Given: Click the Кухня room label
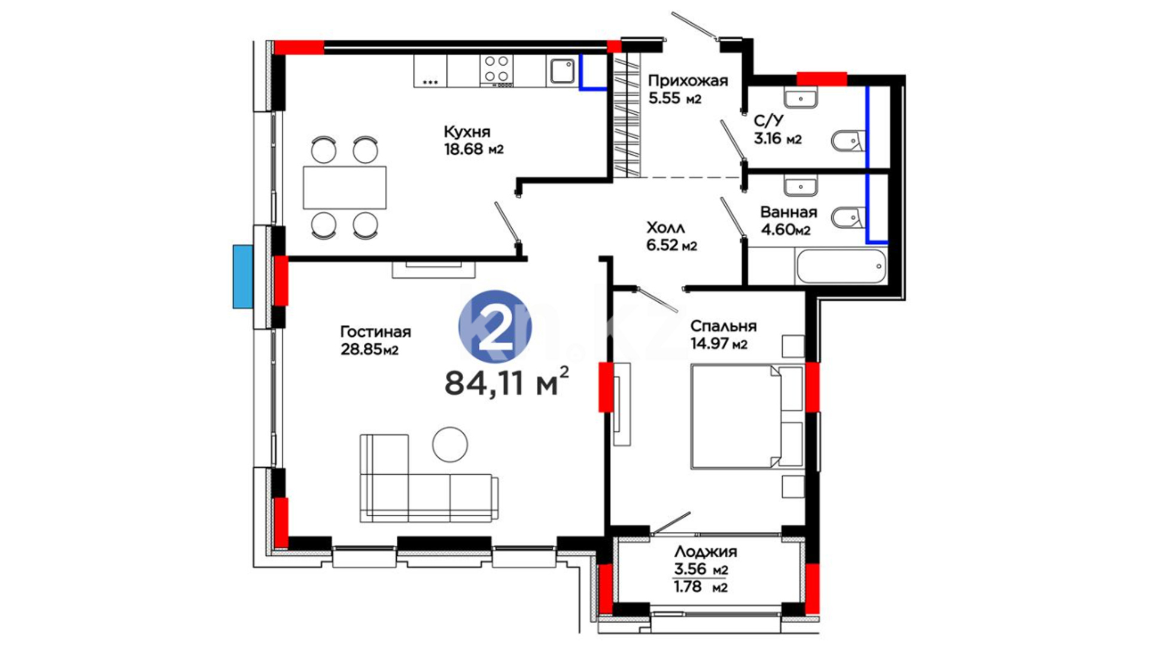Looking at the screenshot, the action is [467, 132].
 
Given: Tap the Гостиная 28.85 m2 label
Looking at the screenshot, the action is [375, 340].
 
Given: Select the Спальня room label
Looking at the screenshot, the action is [723, 327].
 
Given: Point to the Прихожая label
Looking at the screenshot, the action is [688, 81].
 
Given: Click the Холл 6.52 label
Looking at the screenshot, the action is [671, 236].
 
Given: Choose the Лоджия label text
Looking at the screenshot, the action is [706, 551].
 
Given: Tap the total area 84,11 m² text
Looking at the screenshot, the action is [506, 383].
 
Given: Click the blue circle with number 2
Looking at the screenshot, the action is [495, 327].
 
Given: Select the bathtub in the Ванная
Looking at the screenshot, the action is [841, 267].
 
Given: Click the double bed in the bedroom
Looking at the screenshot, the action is [747, 416].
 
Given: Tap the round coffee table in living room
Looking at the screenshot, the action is [450, 444].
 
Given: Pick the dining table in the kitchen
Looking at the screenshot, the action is [345, 187].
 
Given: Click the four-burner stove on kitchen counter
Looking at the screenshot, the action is [497, 70].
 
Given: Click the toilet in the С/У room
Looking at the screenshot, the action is [848, 141].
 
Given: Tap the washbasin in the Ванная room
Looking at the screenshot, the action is [801, 185].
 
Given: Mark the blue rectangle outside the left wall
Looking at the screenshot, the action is [242, 276].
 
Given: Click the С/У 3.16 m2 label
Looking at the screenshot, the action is [777, 130].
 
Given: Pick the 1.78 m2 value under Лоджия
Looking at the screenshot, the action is [701, 587].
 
